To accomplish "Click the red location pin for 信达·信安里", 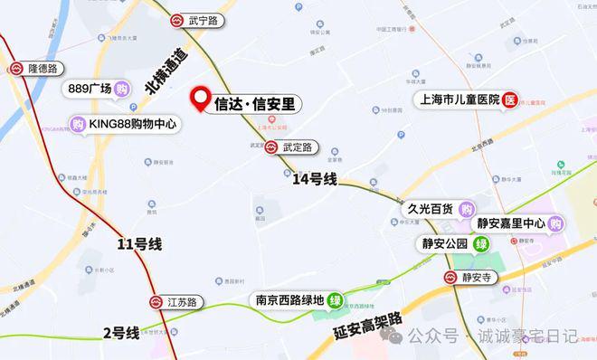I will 200,99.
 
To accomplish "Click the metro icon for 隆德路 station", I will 14,69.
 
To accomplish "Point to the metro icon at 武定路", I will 271,146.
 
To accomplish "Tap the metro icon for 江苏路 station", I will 156,301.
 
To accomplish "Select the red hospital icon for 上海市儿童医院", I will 511,99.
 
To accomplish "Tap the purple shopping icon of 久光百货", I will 466,209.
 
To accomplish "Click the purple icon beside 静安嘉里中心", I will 555,223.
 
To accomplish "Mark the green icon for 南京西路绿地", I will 336,300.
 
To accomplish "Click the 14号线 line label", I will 315,180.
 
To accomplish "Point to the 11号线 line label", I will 139,243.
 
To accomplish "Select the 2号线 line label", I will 121,333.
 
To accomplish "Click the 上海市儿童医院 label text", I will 456,99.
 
